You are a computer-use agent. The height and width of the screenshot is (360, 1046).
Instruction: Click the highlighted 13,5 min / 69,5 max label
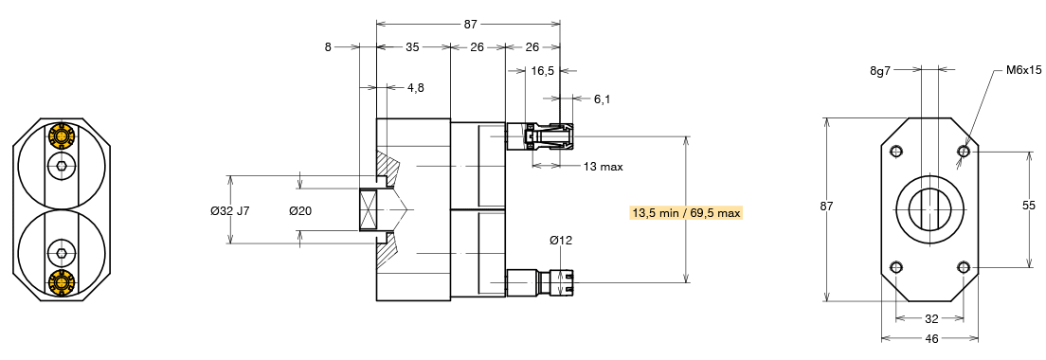[x=686, y=212]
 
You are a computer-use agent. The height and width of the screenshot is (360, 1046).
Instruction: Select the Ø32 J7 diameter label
[x=230, y=210]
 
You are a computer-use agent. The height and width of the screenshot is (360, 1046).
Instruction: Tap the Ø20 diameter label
[x=301, y=210]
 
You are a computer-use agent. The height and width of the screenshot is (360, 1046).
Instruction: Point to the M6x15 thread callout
[x=1024, y=69]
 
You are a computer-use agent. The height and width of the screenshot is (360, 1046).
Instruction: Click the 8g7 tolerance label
[x=880, y=69]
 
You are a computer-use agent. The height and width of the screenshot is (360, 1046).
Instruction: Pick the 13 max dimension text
[x=603, y=166]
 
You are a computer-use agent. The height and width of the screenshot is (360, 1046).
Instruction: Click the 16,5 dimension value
[x=543, y=71]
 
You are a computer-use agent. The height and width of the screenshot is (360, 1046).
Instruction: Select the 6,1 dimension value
[x=602, y=99]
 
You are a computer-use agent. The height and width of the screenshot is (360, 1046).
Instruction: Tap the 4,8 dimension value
[x=415, y=87]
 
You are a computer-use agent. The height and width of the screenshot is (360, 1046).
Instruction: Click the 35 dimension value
[x=412, y=46]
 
